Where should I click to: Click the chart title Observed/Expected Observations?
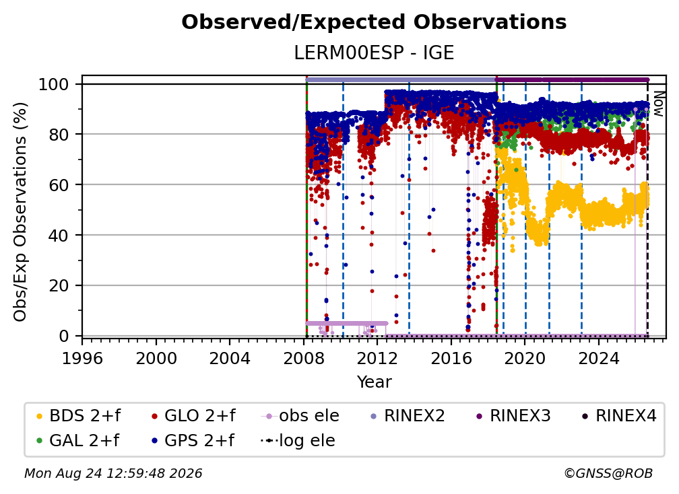374,22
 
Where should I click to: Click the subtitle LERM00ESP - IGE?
374,53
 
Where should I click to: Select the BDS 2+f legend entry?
78,416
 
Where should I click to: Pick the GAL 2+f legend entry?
77,441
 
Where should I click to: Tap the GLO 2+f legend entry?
193,416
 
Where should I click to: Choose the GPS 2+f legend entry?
193,441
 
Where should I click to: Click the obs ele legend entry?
300,416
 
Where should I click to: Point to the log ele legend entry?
298,441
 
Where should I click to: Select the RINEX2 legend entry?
408,416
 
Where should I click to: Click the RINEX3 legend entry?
513,416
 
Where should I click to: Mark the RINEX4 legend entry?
619,416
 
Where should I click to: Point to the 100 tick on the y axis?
59,84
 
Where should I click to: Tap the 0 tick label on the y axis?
63,336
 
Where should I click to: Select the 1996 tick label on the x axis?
82,359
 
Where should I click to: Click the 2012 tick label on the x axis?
377,359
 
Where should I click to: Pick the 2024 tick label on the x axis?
598,359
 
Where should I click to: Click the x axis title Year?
374,382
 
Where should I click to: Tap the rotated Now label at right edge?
658,104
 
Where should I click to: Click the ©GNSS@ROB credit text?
608,474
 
